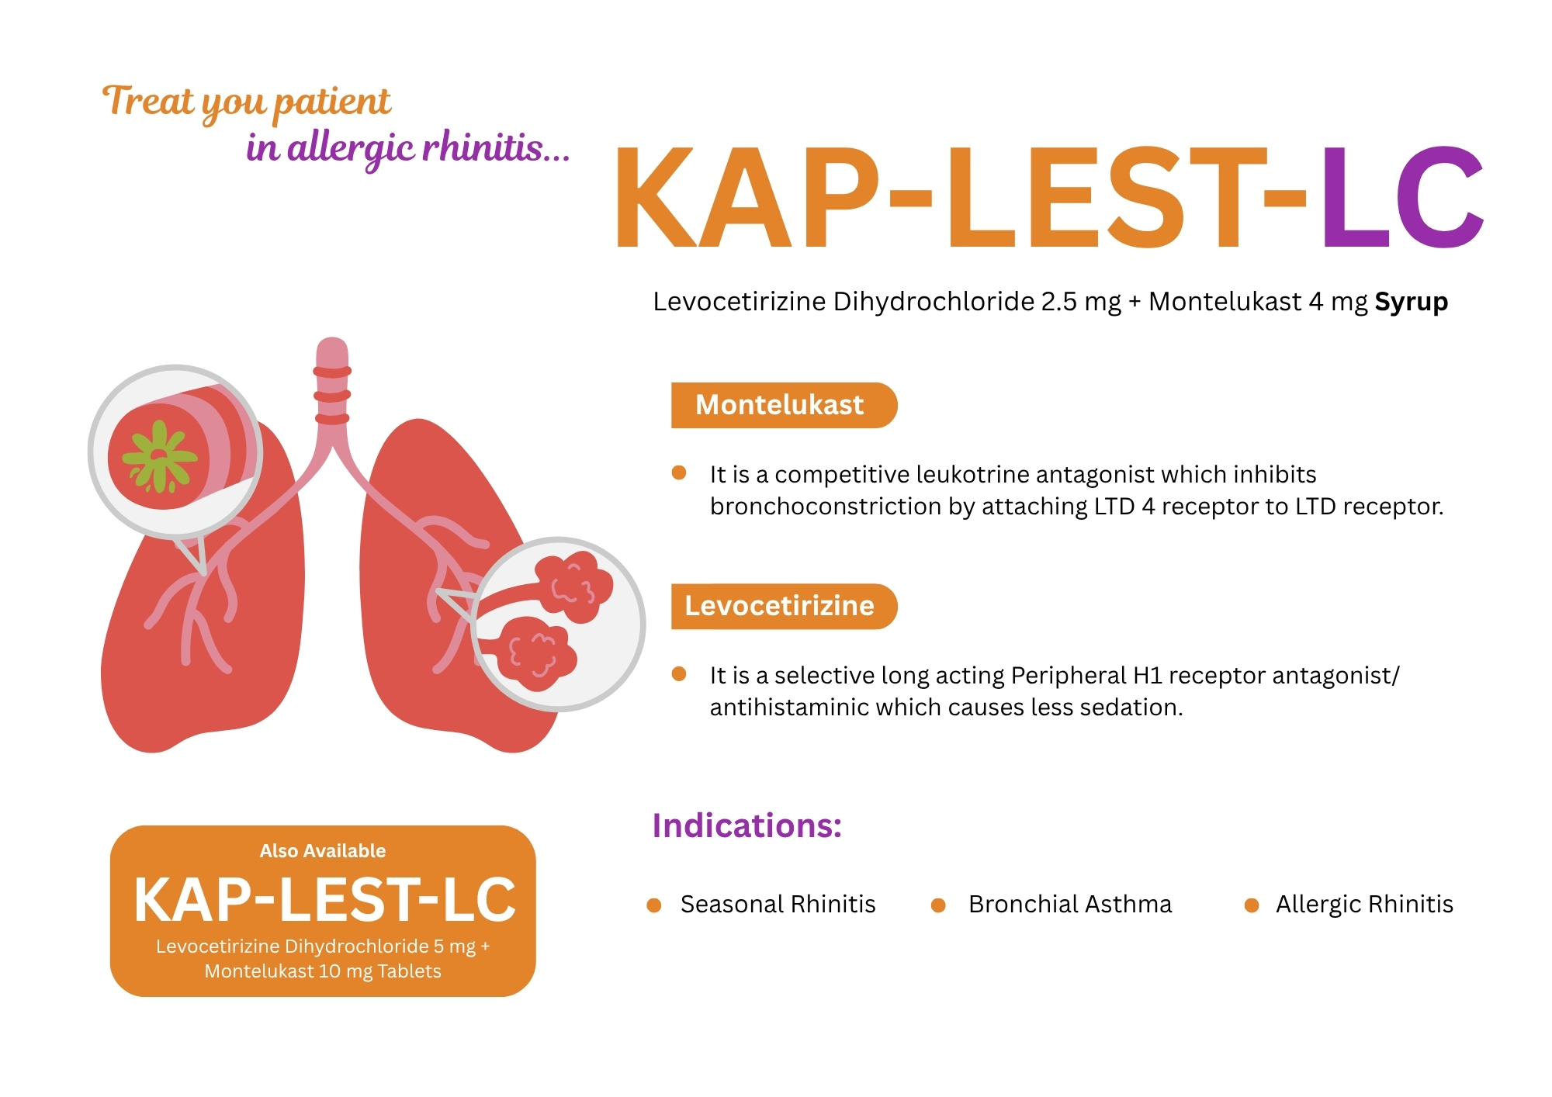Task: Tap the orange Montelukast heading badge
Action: pos(784,405)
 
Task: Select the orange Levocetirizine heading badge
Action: pos(784,606)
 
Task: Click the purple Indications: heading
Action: pos(747,825)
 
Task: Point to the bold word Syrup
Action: pos(1411,302)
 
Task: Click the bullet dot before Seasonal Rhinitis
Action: pos(654,905)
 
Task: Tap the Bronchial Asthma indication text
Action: pos(1070,905)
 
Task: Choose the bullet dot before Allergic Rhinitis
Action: pos(1252,905)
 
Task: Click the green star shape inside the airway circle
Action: pos(161,458)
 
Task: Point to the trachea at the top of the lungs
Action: pos(332,388)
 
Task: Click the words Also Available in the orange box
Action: pos(323,851)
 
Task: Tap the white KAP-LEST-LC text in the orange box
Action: pos(324,900)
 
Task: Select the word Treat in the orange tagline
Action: pos(147,102)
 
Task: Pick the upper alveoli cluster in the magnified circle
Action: pos(575,587)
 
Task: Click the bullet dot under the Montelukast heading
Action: pos(679,473)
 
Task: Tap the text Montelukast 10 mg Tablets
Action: pos(323,971)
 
